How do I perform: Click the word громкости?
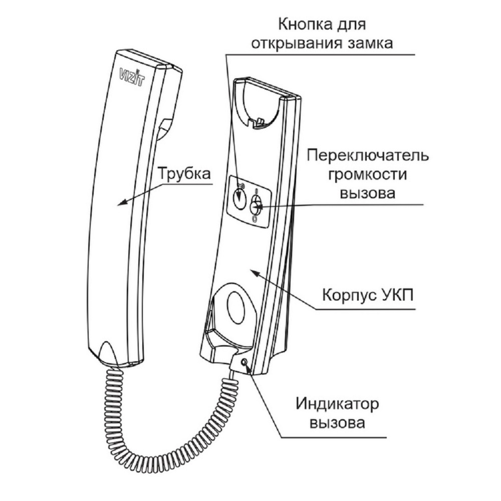tap(367, 175)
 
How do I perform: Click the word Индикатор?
tap(337, 404)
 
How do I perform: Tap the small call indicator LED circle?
tap(244, 362)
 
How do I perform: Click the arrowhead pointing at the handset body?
tap(122, 202)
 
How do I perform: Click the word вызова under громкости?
tap(367, 193)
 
